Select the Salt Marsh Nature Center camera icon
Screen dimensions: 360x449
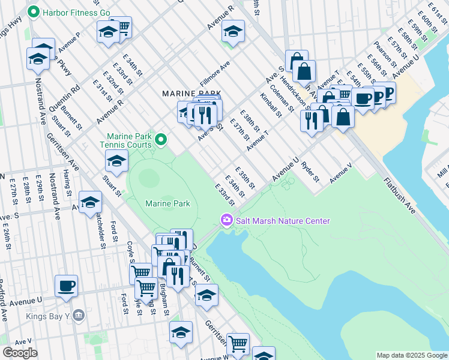click(x=227, y=221)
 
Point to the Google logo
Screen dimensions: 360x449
click(x=20, y=353)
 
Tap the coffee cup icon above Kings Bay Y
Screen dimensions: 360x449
click(x=66, y=285)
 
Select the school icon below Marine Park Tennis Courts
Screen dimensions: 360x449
click(x=116, y=160)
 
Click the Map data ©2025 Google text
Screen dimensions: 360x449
click(x=412, y=355)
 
